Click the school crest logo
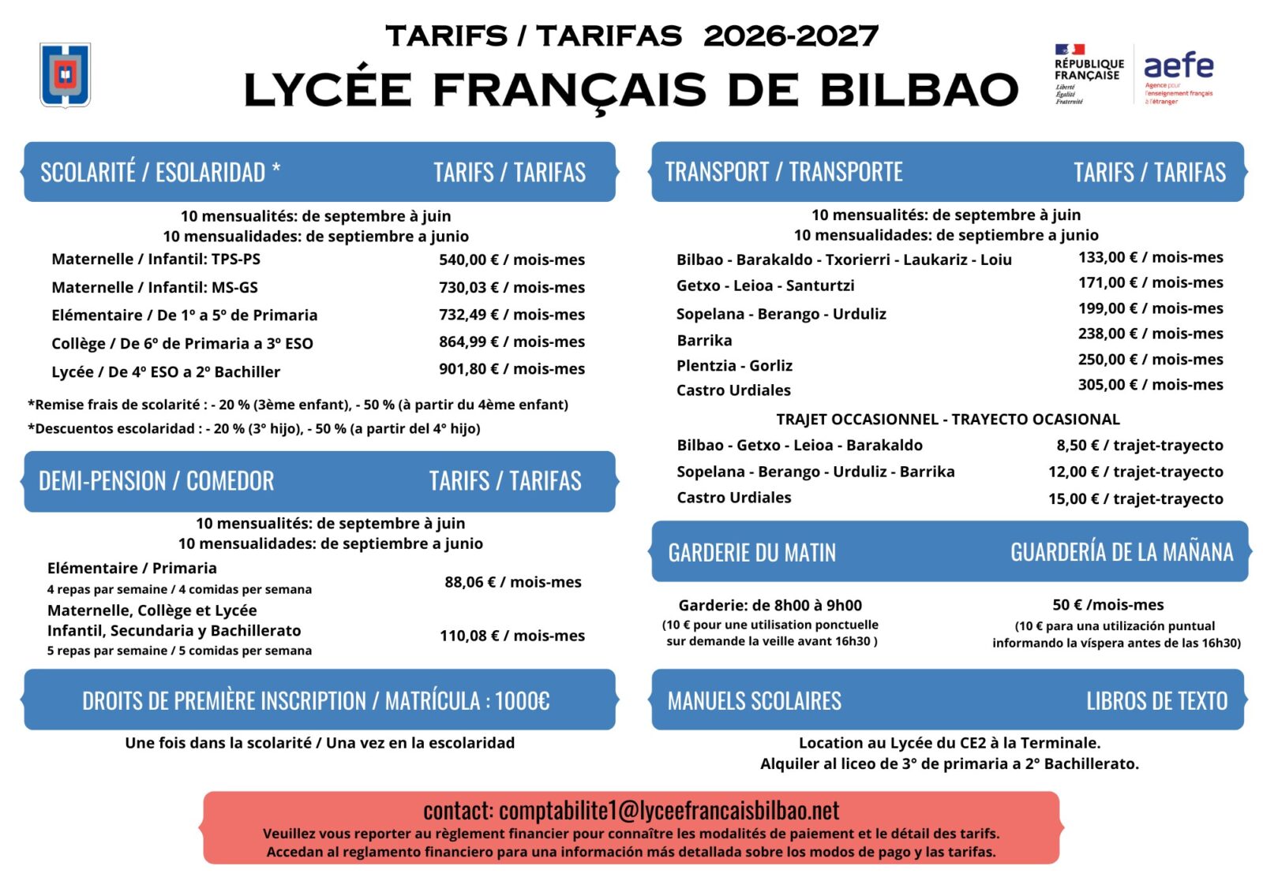pos(66,75)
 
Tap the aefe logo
pos(1178,76)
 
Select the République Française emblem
pos(1089,74)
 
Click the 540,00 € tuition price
pos(512,259)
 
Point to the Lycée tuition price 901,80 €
pos(512,368)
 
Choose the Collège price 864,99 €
pos(512,341)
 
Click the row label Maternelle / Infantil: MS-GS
pos(155,287)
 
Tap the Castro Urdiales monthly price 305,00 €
pos(1150,384)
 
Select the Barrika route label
pos(704,340)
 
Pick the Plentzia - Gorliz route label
pos(734,365)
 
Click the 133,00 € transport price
pos(1150,257)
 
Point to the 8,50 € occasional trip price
pos(1139,445)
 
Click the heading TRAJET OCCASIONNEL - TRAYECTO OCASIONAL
pos(947,419)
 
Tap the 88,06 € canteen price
pos(512,582)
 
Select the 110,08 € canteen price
pos(512,636)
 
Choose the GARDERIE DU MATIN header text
pos(751,553)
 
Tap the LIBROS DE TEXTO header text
pos(1156,700)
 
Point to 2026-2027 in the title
pos(790,35)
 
